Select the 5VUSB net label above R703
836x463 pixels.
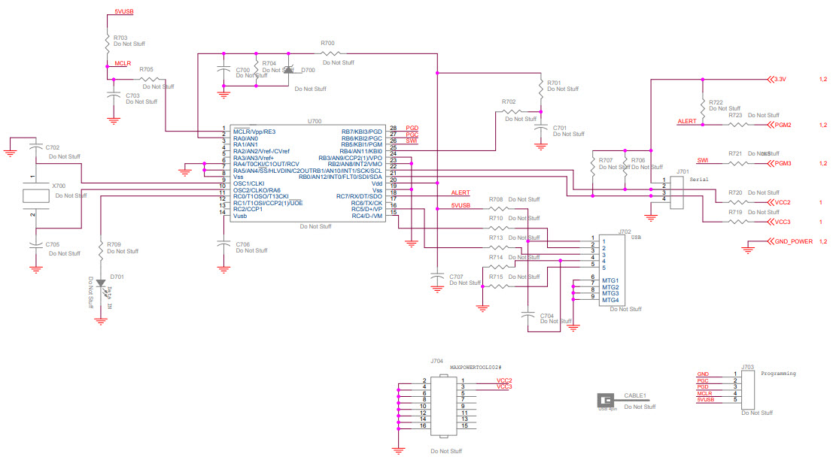pyautogui.click(x=124, y=13)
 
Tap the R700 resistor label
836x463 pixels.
pyautogui.click(x=327, y=44)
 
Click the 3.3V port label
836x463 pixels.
pyautogui.click(x=780, y=79)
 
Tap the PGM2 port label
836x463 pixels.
pyautogui.click(x=783, y=125)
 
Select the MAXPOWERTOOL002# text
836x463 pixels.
pyautogui.click(x=475, y=368)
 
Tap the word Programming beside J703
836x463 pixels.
pyautogui.click(x=778, y=373)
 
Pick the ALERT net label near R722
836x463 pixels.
pyautogui.click(x=687, y=121)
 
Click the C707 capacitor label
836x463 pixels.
pyautogui.click(x=456, y=277)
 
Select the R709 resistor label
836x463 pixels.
pyautogui.click(x=114, y=244)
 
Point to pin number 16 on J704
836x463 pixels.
pyautogui.click(x=424, y=425)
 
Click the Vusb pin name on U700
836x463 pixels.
pyautogui.click(x=240, y=216)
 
